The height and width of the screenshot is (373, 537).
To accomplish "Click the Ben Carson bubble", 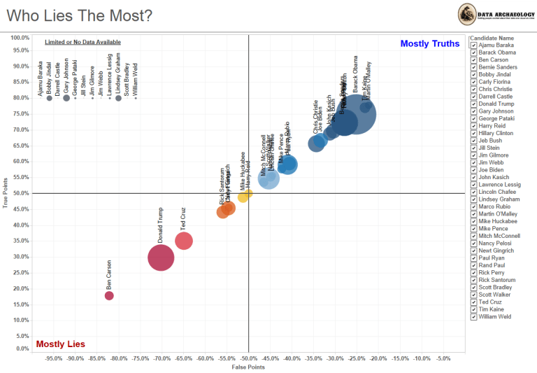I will (109, 295).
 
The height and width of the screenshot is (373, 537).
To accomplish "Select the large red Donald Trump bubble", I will (161, 257).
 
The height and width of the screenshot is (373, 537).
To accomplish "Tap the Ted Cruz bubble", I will (184, 241).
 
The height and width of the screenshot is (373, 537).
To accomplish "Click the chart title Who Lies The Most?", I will (77, 15).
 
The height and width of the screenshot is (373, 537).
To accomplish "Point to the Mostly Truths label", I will (430, 43).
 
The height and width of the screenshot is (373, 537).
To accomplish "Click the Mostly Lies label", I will (60, 344).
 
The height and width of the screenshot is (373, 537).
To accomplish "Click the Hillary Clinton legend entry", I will (496, 133).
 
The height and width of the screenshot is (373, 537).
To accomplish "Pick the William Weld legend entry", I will (494, 316).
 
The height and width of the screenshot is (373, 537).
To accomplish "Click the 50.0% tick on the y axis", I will (20, 193).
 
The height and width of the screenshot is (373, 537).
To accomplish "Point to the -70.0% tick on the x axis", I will (162, 358).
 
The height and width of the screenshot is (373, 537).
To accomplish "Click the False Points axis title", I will (248, 367).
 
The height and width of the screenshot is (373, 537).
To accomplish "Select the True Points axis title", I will (6, 193).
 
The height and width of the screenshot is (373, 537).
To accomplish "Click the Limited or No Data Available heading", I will (83, 43).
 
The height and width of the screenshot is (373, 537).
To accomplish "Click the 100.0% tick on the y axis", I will (20, 37).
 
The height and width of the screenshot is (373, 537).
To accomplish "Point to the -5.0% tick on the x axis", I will (443, 358).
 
